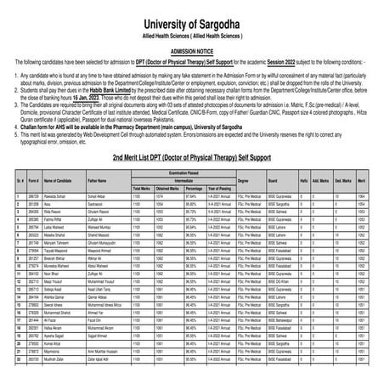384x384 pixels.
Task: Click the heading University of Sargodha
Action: [191, 10]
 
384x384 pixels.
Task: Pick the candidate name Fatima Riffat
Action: [54, 196]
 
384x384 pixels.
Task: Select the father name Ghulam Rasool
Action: [100, 188]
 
